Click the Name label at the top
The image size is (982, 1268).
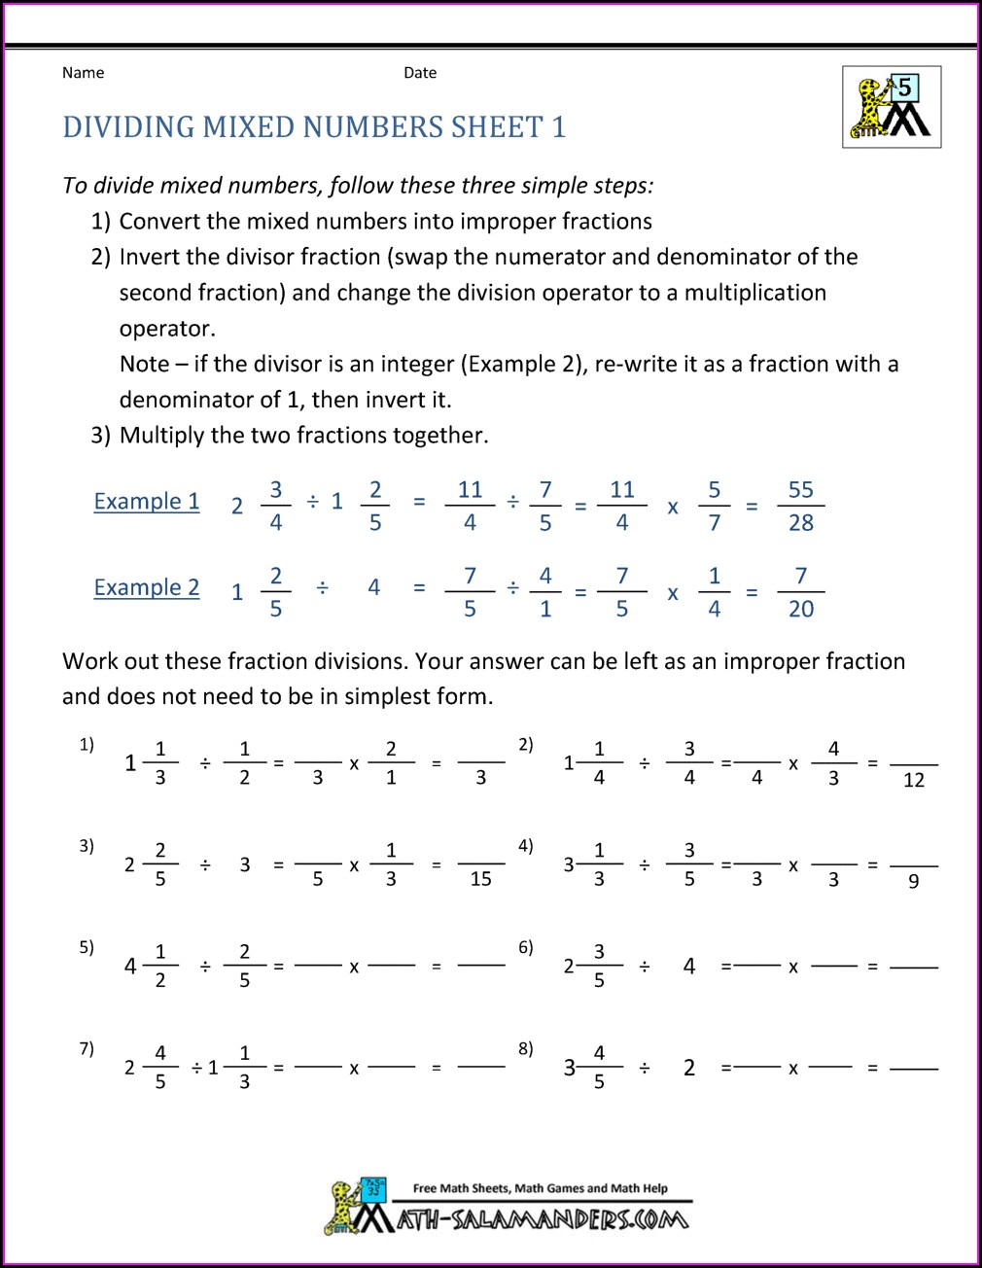pyautogui.click(x=83, y=73)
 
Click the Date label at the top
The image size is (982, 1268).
pyautogui.click(x=420, y=73)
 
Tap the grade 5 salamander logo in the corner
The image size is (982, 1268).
pyautogui.click(x=892, y=107)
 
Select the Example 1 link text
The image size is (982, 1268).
pyautogui.click(x=147, y=502)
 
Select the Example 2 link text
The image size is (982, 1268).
pyautogui.click(x=147, y=588)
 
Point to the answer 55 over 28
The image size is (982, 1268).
pyautogui.click(x=800, y=506)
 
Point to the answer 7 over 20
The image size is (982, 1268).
pyautogui.click(x=800, y=592)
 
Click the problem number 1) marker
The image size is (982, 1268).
pyautogui.click(x=87, y=745)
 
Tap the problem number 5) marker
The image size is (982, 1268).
pyautogui.click(x=87, y=947)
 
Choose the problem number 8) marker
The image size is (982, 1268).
pyautogui.click(x=525, y=1048)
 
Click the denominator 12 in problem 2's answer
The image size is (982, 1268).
pyautogui.click(x=913, y=780)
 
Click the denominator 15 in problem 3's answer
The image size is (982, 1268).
pyautogui.click(x=480, y=879)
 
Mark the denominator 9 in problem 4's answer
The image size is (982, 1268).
pyautogui.click(x=913, y=881)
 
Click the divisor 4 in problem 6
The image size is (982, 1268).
pyautogui.click(x=689, y=967)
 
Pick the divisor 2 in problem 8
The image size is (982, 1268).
pyautogui.click(x=689, y=1068)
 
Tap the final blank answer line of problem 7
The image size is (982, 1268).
pyautogui.click(x=480, y=1067)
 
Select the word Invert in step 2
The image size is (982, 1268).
pyautogui.click(x=149, y=258)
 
